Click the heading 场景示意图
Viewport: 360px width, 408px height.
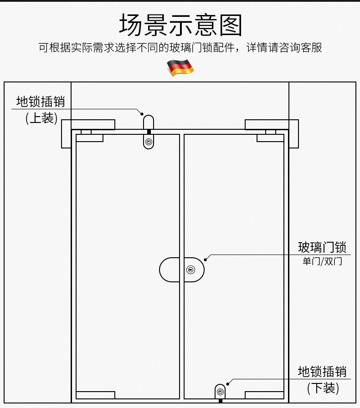(180, 25)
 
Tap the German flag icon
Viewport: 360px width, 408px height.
(180, 67)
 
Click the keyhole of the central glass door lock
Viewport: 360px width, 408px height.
(191, 270)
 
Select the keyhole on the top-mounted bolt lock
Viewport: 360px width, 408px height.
(149, 142)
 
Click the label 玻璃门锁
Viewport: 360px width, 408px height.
(322, 247)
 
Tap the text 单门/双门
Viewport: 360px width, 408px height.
(322, 261)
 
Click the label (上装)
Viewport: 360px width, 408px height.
(41, 118)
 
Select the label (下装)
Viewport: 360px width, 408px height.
(323, 388)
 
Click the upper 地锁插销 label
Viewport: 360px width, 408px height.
(41, 101)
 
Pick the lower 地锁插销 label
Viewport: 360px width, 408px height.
(322, 372)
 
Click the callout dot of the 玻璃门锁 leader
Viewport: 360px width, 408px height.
(206, 260)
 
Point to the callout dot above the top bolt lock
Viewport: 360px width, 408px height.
(142, 114)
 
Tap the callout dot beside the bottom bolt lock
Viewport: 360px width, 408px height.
(228, 384)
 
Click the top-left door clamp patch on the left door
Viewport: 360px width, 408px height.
(89, 138)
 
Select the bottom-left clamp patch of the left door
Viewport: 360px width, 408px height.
(95, 395)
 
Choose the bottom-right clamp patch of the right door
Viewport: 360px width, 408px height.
(264, 395)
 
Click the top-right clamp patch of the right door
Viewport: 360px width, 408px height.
(270, 138)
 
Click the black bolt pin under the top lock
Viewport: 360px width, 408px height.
(149, 132)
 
